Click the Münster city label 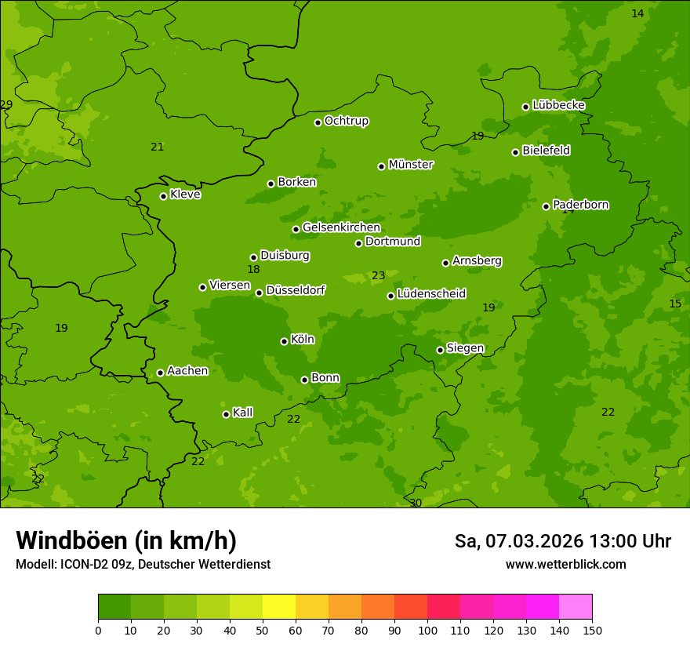[x=410, y=165]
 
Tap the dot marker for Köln [x=284, y=341]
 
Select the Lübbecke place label [x=558, y=105]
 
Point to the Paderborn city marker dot [x=546, y=206]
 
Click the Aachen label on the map [x=187, y=371]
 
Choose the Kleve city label [x=185, y=195]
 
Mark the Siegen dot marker [x=440, y=350]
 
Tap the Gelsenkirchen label [x=341, y=227]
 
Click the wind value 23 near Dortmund [x=379, y=276]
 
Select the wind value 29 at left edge [x=6, y=105]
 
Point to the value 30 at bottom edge [x=416, y=503]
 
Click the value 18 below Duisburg [x=253, y=270]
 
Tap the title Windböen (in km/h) [x=126, y=540]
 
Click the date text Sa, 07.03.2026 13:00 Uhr [x=562, y=541]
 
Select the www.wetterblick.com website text [x=565, y=565]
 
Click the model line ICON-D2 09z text [x=143, y=565]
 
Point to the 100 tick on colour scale [x=427, y=630]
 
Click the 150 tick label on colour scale [x=592, y=630]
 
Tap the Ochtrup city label [x=346, y=121]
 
